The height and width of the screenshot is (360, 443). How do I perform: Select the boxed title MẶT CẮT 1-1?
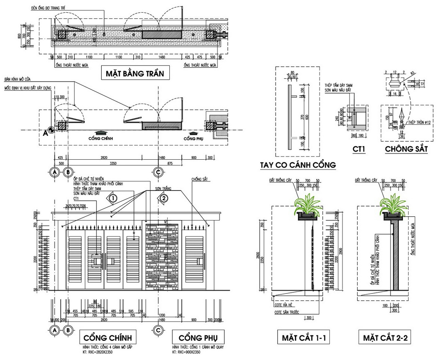click(x=304, y=338)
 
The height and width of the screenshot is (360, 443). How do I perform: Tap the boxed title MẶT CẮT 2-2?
click(x=384, y=338)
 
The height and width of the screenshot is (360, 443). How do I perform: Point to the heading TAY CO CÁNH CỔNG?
click(x=298, y=165)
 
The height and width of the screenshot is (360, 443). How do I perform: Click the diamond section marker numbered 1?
click(x=113, y=198)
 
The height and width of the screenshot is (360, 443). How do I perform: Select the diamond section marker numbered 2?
click(x=164, y=198)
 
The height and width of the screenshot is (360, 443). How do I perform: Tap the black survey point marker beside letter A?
click(x=52, y=129)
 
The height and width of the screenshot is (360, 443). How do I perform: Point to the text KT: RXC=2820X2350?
click(x=106, y=352)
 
